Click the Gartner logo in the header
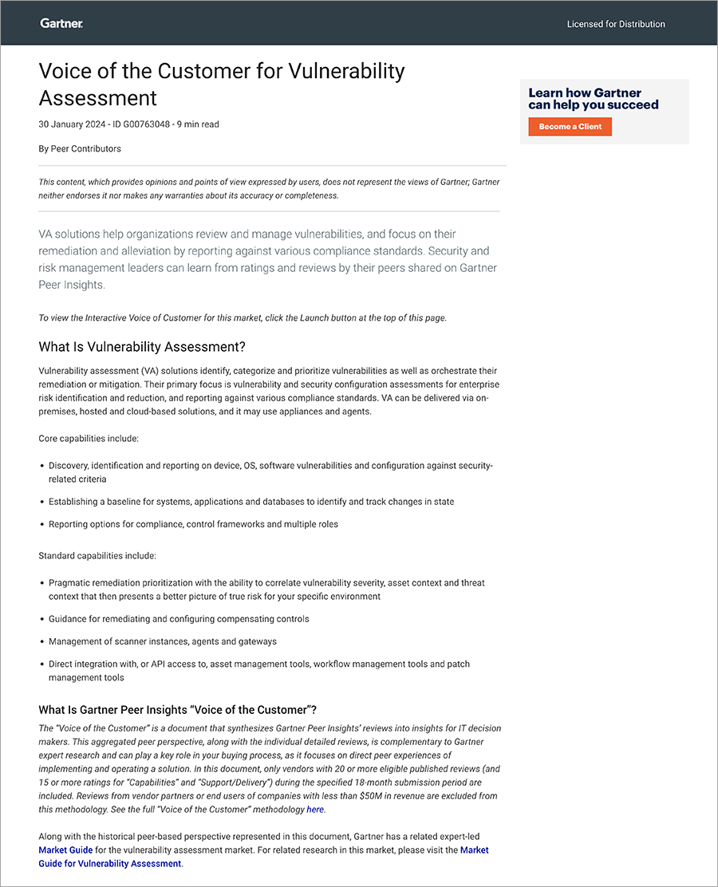point(61,24)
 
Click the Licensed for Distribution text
point(615,24)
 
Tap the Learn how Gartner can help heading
point(593,99)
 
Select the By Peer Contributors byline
point(80,148)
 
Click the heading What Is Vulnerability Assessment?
point(141,347)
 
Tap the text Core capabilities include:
point(89,439)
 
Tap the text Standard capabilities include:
point(97,555)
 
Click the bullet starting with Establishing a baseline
point(251,502)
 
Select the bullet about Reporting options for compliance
point(193,524)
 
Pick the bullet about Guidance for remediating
point(179,619)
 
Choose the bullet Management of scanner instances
point(163,641)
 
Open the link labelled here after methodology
point(315,810)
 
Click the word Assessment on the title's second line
point(97,98)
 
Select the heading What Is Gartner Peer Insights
point(177,710)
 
